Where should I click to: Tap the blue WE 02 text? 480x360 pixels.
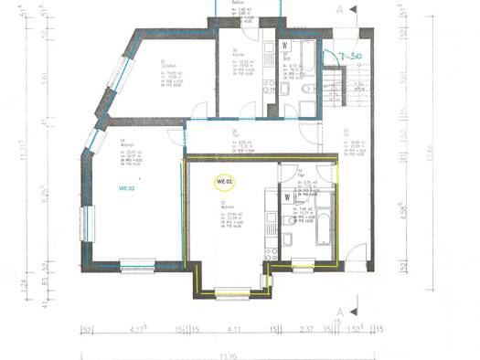tap(127, 187)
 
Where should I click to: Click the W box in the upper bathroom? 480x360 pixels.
tap(286, 44)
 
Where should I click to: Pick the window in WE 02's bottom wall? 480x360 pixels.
tap(140, 264)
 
